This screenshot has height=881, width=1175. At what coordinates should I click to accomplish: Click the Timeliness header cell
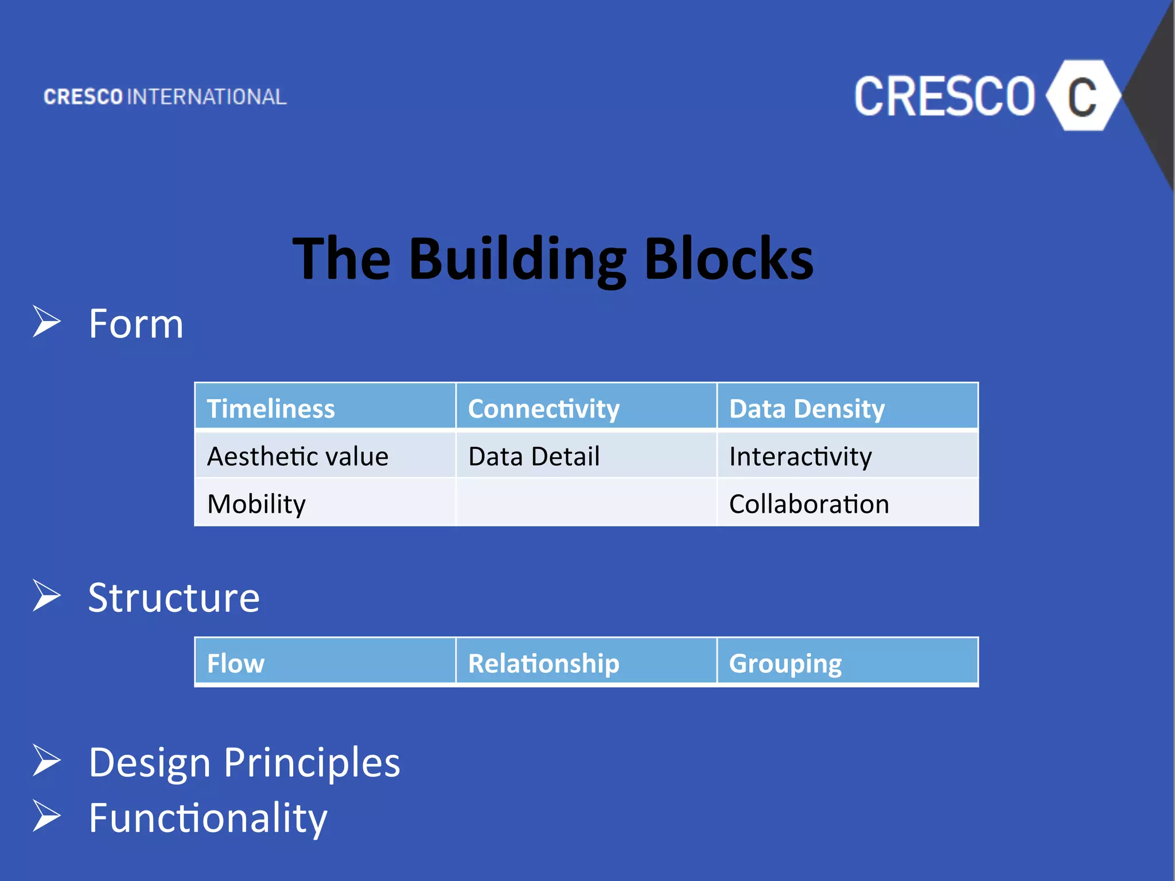coord(325,407)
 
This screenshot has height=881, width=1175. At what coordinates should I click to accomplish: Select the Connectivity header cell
coord(586,407)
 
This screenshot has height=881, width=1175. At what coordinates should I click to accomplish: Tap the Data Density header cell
coord(847,407)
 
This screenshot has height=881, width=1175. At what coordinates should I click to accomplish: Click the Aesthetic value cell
coord(325,456)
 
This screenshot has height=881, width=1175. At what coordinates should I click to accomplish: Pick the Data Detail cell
coord(586,456)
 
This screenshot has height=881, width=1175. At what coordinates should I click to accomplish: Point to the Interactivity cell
coord(847,456)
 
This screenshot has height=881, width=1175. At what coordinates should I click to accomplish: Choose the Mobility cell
coord(325,504)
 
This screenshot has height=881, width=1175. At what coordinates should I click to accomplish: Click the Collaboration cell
coord(847,504)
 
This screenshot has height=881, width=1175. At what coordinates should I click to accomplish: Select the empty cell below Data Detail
coord(586,504)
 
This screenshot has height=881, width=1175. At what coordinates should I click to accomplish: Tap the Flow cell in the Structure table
coord(325,662)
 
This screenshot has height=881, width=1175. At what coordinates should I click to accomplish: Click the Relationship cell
coord(586,662)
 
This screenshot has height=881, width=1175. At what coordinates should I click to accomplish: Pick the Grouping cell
coord(847,662)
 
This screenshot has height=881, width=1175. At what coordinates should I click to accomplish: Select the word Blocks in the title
coord(729,259)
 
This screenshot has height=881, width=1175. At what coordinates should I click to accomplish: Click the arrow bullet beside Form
coord(46,321)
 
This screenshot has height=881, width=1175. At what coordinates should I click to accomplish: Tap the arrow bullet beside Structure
coord(46,595)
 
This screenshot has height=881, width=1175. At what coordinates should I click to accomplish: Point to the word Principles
coord(312,763)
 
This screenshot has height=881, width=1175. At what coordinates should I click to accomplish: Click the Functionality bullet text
coord(208,818)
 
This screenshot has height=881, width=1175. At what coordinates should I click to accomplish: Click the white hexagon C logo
coord(1082,96)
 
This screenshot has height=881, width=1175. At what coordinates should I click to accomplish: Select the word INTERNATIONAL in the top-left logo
coord(207,97)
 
